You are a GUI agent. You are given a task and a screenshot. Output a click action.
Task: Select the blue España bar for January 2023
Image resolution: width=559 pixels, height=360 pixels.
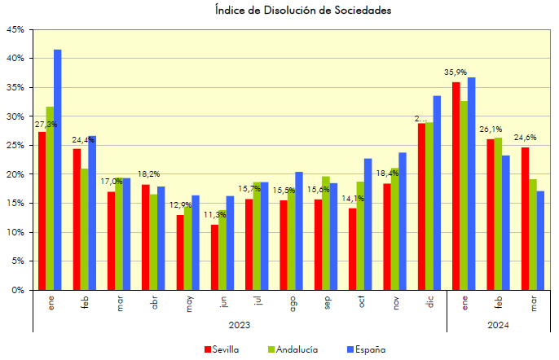pos(57,169)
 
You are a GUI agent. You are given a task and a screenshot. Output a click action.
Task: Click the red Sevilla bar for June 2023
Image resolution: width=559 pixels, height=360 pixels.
pos(214,257)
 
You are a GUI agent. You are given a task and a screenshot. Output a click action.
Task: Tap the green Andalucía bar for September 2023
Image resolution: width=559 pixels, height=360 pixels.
pos(325,233)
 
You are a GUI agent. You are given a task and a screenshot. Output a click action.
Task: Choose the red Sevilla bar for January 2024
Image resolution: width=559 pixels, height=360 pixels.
pos(456,186)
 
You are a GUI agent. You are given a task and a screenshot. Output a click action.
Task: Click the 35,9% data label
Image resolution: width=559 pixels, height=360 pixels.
pos(455,72)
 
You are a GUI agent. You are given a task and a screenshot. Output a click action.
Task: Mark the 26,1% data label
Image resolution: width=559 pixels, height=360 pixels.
pos(490,130)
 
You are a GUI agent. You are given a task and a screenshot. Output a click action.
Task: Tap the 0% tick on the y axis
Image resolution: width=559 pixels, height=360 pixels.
pos(16,290)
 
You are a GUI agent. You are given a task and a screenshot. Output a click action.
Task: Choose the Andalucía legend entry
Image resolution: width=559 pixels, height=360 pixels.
pos(293,349)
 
